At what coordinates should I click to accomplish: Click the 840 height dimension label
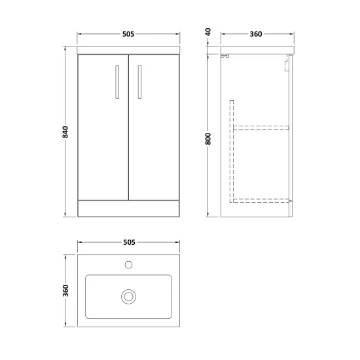coord(65,132)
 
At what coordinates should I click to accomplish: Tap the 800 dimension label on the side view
coord(208,139)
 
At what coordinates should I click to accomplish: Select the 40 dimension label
coord(208,32)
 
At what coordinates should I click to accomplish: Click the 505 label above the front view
coord(128,34)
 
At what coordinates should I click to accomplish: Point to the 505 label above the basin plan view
coord(129,242)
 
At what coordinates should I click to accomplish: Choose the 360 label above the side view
coord(256,34)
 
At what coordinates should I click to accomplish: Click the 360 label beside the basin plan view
coord(65,291)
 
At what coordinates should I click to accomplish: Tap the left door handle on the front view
coord(117,82)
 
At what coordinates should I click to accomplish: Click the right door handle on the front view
coord(139,82)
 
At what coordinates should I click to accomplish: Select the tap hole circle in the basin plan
coord(128,264)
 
